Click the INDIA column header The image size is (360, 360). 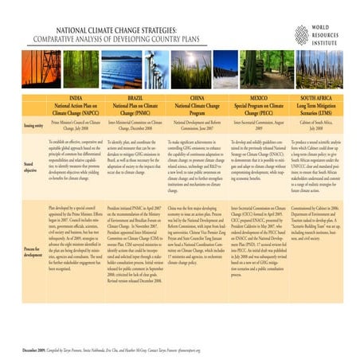[76, 99]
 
